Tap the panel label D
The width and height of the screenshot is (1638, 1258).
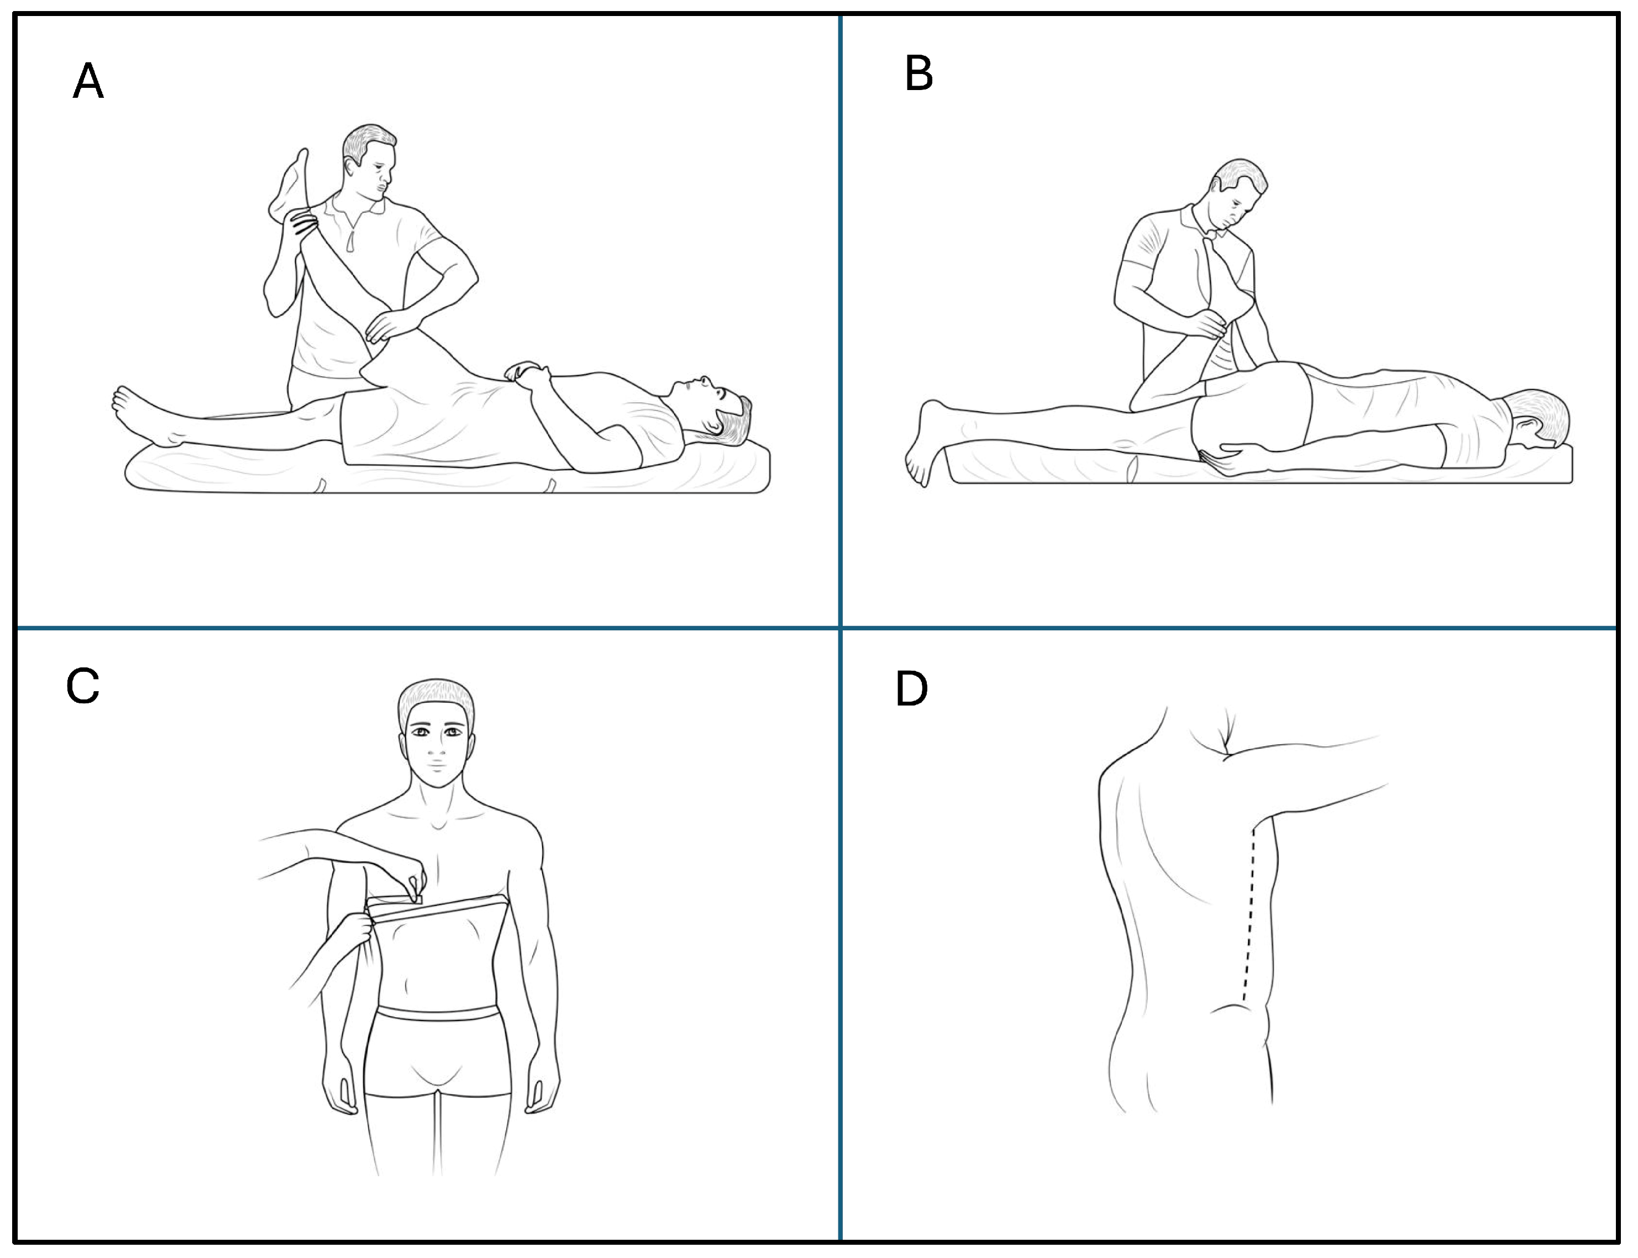pos(911,689)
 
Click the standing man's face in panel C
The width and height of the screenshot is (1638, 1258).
pos(437,753)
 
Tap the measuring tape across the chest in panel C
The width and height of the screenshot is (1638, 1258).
pos(438,908)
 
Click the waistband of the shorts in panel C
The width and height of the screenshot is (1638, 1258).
pos(438,1015)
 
